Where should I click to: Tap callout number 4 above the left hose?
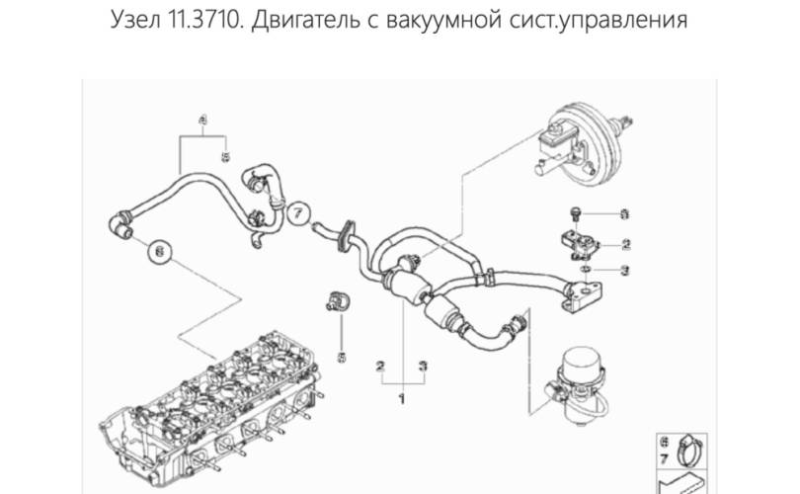pyautogui.click(x=203, y=120)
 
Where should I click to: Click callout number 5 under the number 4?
pyautogui.click(x=225, y=156)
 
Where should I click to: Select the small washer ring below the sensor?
pyautogui.click(x=586, y=268)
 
